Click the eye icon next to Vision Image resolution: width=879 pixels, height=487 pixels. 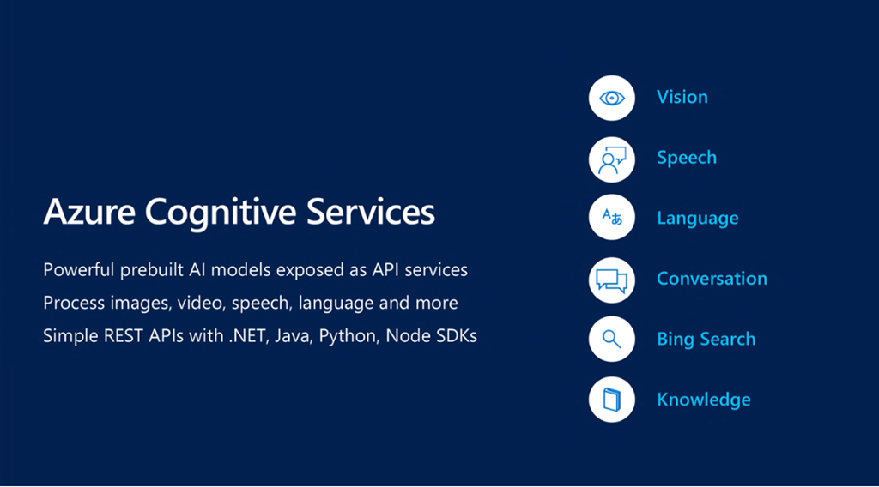click(x=611, y=98)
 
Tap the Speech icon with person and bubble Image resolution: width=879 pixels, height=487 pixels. click(x=611, y=159)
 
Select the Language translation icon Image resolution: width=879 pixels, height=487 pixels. click(x=611, y=217)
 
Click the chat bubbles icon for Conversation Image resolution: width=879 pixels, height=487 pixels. click(x=611, y=280)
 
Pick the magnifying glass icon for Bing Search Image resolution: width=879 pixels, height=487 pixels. click(x=611, y=339)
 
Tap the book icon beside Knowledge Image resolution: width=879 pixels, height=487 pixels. click(x=611, y=399)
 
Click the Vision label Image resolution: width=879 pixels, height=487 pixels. click(x=682, y=97)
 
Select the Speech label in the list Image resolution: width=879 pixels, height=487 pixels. click(x=687, y=158)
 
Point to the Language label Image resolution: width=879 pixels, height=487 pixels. click(x=697, y=219)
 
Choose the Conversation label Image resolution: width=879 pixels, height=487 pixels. click(x=712, y=278)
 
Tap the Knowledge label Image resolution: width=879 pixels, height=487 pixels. click(x=704, y=399)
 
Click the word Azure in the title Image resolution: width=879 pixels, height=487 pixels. click(x=89, y=212)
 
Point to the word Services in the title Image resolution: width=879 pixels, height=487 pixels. click(x=371, y=212)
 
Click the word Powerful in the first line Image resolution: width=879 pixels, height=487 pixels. click(x=79, y=270)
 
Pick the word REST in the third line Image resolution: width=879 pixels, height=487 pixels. click(x=124, y=336)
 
